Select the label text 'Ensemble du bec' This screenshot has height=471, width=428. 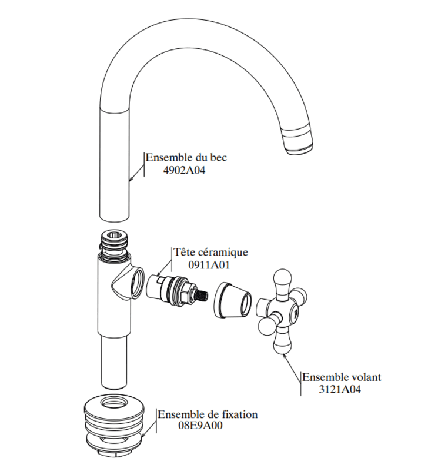pyautogui.click(x=186, y=158)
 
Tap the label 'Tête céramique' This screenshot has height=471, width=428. pyautogui.click(x=210, y=252)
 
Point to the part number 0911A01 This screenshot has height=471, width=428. pyautogui.click(x=210, y=265)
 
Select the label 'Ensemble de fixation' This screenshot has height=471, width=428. pyautogui.click(x=208, y=414)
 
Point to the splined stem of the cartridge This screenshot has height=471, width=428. pyautogui.click(x=202, y=294)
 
